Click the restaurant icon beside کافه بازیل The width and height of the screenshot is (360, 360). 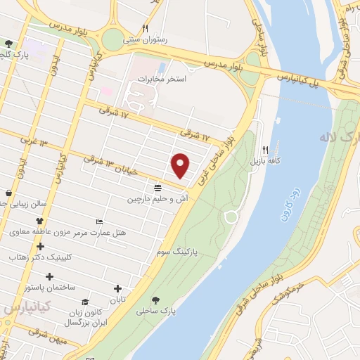click(265, 149)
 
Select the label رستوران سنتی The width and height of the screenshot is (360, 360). click(144, 40)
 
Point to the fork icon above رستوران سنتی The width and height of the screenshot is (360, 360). click(145, 28)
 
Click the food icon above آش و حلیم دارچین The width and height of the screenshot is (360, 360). click(157, 187)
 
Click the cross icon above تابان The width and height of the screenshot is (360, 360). click(117, 288)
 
